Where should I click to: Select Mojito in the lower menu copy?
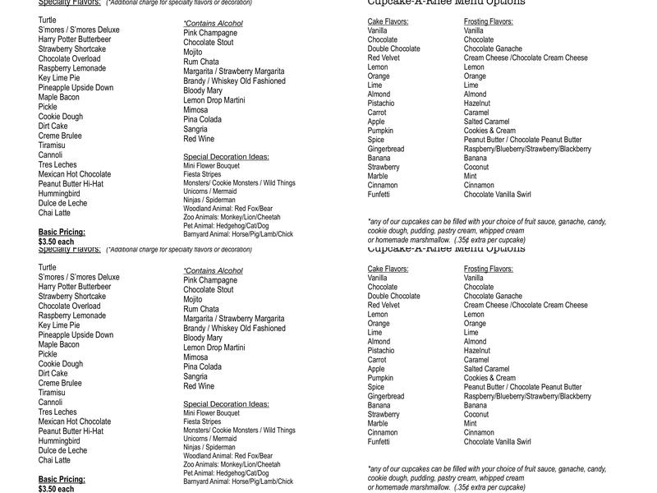click(193, 300)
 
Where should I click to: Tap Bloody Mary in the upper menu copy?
click(203, 90)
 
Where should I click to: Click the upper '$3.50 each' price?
click(56, 242)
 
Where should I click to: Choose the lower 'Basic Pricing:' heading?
click(62, 480)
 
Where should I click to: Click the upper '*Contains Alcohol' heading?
click(213, 24)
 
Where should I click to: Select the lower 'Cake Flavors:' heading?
click(388, 269)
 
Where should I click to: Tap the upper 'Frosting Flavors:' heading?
click(488, 22)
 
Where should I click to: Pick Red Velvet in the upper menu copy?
click(384, 58)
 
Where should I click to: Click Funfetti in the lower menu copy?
click(379, 442)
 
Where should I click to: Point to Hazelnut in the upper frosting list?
click(476, 104)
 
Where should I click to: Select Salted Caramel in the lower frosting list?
click(486, 369)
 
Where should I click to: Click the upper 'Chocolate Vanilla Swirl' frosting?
click(497, 195)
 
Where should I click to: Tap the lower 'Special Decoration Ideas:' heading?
click(226, 404)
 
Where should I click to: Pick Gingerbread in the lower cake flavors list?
click(386, 396)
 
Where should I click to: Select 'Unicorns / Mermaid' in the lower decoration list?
click(209, 439)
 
